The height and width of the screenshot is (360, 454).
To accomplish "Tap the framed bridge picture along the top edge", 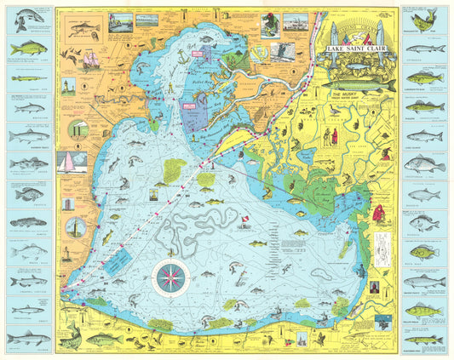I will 147,19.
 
